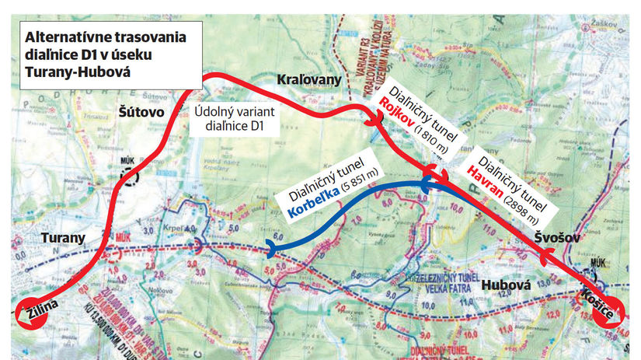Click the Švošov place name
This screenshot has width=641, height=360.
click(x=557, y=236)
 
